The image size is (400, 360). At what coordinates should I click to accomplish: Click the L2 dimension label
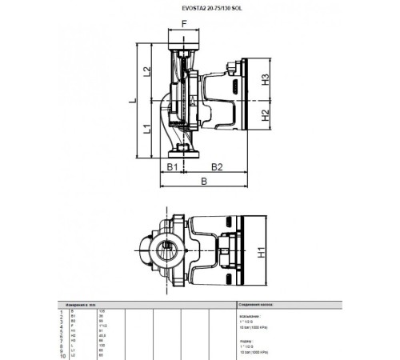click(x=146, y=72)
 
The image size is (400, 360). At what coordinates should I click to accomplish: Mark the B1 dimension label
click(x=171, y=166)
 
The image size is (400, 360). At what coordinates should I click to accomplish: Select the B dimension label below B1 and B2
click(x=203, y=183)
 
